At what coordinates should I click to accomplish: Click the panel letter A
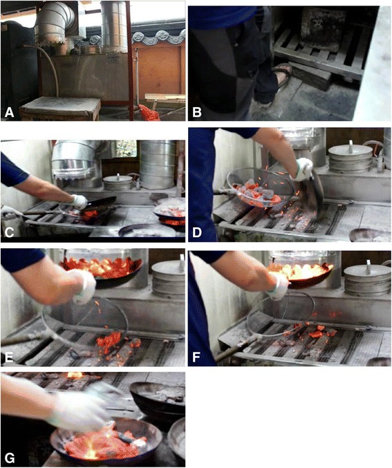[9, 113]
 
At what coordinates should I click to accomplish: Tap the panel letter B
[197, 113]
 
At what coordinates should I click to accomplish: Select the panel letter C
[9, 232]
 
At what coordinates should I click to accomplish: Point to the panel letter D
[197, 232]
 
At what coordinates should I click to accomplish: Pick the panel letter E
[9, 357]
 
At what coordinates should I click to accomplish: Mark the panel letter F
[196, 357]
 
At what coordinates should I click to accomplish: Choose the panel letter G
[10, 458]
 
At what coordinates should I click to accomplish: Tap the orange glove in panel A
[149, 113]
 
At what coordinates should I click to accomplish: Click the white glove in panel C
[79, 202]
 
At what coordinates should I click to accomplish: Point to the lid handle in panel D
[351, 144]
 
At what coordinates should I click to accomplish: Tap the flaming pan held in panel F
[300, 274]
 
